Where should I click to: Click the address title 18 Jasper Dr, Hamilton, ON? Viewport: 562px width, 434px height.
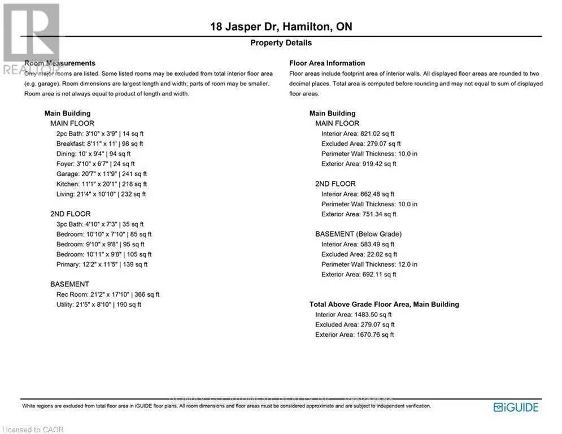(x=281, y=27)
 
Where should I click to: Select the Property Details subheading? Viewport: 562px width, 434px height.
(x=281, y=43)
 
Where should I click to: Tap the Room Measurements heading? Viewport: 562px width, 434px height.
(x=60, y=63)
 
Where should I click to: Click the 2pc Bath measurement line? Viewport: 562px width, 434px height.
(x=100, y=134)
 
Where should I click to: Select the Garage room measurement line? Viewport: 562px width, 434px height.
(x=102, y=174)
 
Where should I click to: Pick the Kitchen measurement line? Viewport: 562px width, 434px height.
(x=102, y=184)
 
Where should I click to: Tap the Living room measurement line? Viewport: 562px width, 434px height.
(x=101, y=194)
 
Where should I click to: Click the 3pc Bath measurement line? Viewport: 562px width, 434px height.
(x=100, y=224)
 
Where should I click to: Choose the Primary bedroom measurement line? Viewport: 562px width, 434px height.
(x=102, y=264)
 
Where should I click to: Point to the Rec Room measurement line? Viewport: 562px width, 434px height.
(x=108, y=294)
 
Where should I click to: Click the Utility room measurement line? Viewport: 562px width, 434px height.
(x=99, y=305)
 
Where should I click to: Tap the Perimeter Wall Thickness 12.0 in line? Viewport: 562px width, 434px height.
(x=369, y=264)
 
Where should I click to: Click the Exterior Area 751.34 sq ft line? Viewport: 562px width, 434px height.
(x=359, y=214)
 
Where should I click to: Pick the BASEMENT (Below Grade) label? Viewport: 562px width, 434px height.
(x=358, y=234)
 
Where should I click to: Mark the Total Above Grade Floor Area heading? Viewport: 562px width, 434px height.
(x=384, y=305)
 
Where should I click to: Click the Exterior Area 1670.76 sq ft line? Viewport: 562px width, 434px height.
(x=355, y=335)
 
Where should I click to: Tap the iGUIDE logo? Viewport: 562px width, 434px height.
(x=516, y=407)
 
